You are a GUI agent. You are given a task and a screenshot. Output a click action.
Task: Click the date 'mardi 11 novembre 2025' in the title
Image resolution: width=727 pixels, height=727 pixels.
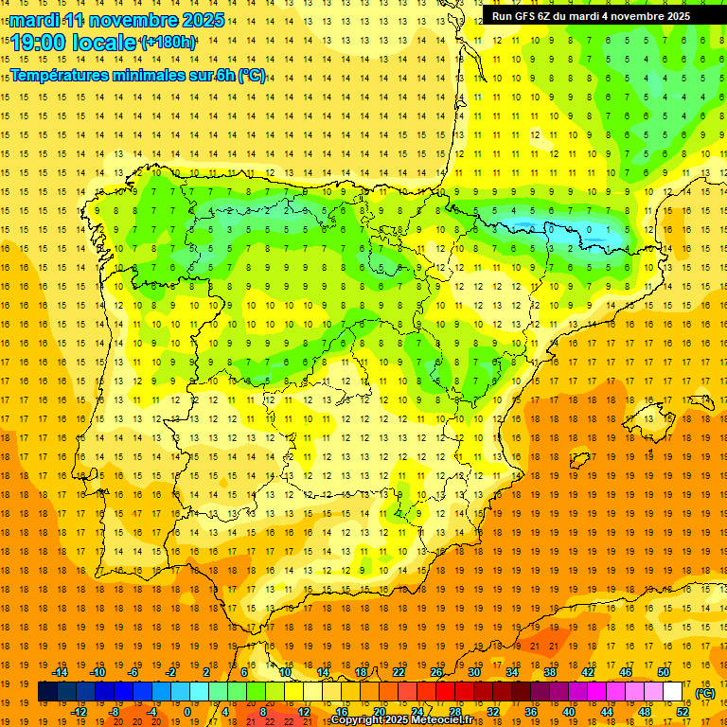(118, 19)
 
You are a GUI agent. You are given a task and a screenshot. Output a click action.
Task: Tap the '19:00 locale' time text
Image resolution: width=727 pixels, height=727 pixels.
(74, 42)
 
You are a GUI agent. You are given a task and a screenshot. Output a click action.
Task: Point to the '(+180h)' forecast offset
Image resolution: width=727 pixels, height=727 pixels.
(168, 43)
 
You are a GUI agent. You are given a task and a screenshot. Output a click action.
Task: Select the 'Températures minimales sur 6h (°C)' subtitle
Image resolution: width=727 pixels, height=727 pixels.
(138, 76)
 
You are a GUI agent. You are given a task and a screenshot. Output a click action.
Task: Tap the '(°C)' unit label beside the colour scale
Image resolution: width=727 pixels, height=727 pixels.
(704, 693)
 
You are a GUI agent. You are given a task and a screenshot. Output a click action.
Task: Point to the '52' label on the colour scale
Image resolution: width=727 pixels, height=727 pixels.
(683, 712)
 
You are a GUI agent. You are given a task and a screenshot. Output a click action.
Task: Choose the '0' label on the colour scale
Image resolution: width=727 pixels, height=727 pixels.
(187, 712)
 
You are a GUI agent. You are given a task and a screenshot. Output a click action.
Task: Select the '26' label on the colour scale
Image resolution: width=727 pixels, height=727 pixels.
(436, 672)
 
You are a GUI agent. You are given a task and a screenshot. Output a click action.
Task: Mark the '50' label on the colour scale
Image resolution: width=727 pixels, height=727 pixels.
(664, 672)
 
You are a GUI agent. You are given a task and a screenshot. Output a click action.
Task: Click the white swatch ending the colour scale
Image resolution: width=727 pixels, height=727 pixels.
(673, 692)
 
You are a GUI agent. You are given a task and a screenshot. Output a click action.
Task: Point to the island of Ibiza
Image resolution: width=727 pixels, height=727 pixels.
(579, 460)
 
